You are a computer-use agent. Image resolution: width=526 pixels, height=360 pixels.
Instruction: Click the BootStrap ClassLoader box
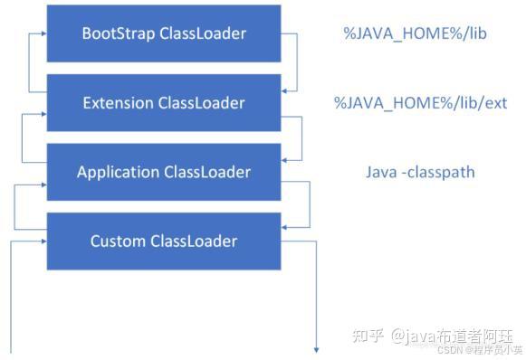(164, 33)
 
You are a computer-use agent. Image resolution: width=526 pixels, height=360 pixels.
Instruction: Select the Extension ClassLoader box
(164, 102)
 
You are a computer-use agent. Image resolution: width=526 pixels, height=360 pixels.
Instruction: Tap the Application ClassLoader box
(164, 172)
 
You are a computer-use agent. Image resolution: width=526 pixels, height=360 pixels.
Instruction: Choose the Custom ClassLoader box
(164, 241)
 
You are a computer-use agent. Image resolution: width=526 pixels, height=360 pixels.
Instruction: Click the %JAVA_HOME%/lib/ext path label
(420, 103)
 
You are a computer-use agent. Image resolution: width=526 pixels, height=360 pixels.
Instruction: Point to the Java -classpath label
(420, 172)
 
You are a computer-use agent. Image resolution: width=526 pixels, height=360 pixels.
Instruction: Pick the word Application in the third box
(119, 172)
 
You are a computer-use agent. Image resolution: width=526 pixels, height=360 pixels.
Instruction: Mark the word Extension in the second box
(119, 102)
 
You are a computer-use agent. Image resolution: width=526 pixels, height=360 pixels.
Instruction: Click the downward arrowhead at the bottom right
(318, 348)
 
